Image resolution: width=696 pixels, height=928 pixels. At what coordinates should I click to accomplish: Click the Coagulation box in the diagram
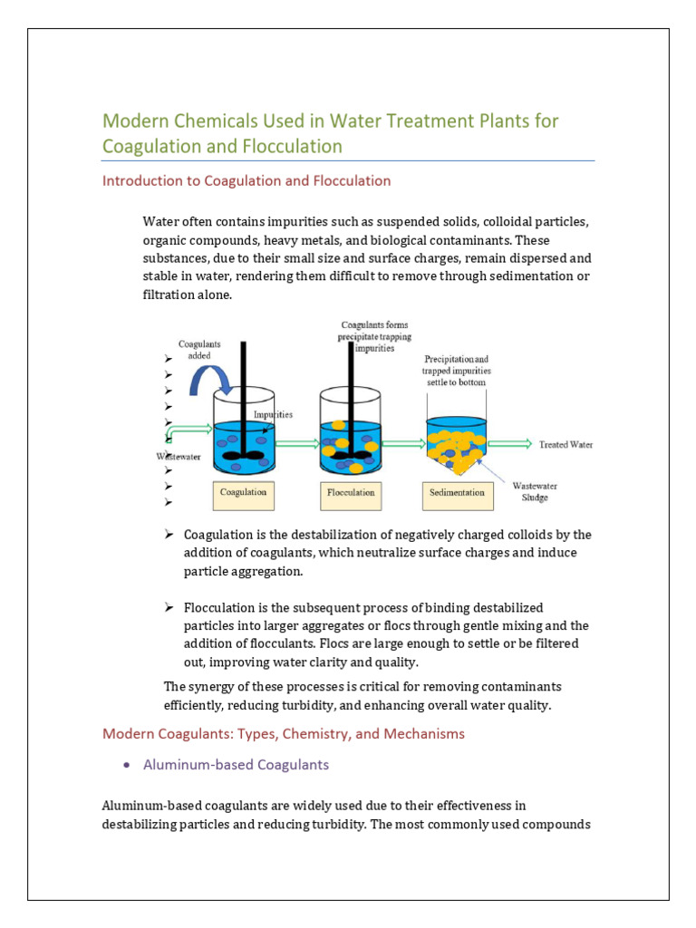[244, 493]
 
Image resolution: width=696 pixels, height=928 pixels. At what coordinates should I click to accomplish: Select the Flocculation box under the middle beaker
[351, 493]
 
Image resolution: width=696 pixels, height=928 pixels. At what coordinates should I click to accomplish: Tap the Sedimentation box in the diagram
[459, 493]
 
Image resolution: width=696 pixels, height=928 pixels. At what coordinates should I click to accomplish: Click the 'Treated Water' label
[566, 444]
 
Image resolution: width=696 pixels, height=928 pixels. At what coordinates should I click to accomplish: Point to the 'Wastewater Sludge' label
[531, 491]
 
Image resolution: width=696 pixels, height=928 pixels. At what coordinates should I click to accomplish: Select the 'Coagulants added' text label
[198, 350]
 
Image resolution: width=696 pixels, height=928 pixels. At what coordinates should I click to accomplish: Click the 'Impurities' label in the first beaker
[273, 414]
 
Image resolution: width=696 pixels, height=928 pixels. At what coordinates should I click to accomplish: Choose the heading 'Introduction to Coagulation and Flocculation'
[246, 180]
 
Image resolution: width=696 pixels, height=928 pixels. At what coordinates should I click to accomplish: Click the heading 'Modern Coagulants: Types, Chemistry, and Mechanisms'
[284, 733]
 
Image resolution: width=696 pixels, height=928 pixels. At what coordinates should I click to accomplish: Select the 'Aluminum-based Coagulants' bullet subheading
[236, 764]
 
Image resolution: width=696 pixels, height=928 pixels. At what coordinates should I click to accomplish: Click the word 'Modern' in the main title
[135, 121]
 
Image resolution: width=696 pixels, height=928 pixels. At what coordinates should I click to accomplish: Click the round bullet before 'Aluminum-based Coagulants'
[126, 765]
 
